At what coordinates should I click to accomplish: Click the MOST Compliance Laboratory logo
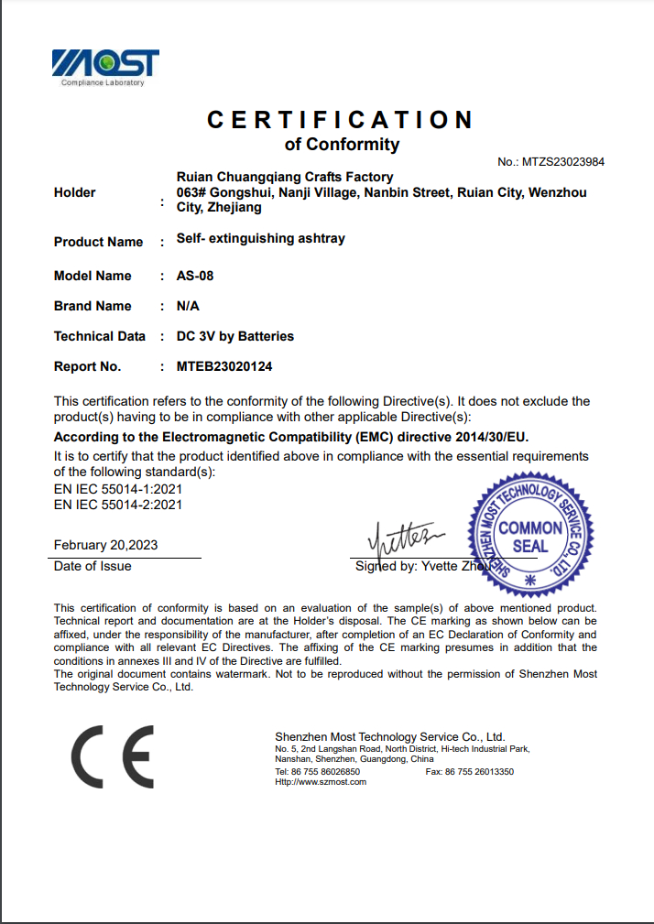(105, 67)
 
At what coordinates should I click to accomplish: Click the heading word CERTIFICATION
(340, 120)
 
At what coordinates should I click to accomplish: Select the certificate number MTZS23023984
(563, 162)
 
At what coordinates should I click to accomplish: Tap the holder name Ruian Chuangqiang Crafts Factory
(285, 177)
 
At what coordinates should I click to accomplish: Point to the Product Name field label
(99, 242)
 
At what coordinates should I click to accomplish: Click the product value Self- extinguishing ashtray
(261, 239)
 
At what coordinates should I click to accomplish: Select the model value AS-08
(195, 276)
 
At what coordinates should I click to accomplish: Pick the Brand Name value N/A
(188, 306)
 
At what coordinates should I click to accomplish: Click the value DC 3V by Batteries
(235, 336)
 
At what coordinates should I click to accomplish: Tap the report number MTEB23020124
(224, 366)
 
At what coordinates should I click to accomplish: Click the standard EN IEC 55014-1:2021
(118, 489)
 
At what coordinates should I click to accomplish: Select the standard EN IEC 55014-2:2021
(118, 504)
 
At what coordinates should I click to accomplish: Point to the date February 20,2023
(105, 545)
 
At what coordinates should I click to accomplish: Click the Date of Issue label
(93, 566)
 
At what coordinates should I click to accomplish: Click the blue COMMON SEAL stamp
(529, 537)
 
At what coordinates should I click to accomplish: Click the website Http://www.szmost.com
(321, 782)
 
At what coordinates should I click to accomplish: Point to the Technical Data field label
(100, 336)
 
